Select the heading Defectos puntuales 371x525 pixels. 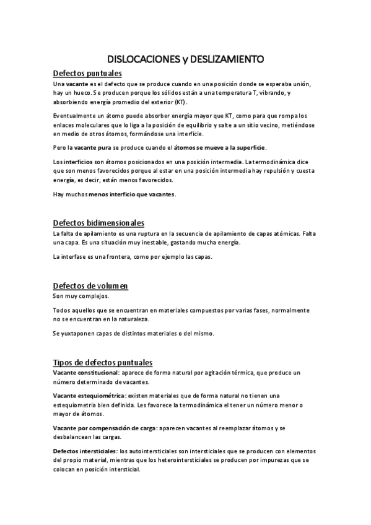[87, 74]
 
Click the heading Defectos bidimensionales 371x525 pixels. [98, 222]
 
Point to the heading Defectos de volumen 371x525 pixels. [90, 285]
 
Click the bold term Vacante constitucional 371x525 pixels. [85, 373]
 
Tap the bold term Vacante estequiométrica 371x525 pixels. [89, 396]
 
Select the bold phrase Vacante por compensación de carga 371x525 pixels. [104, 428]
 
